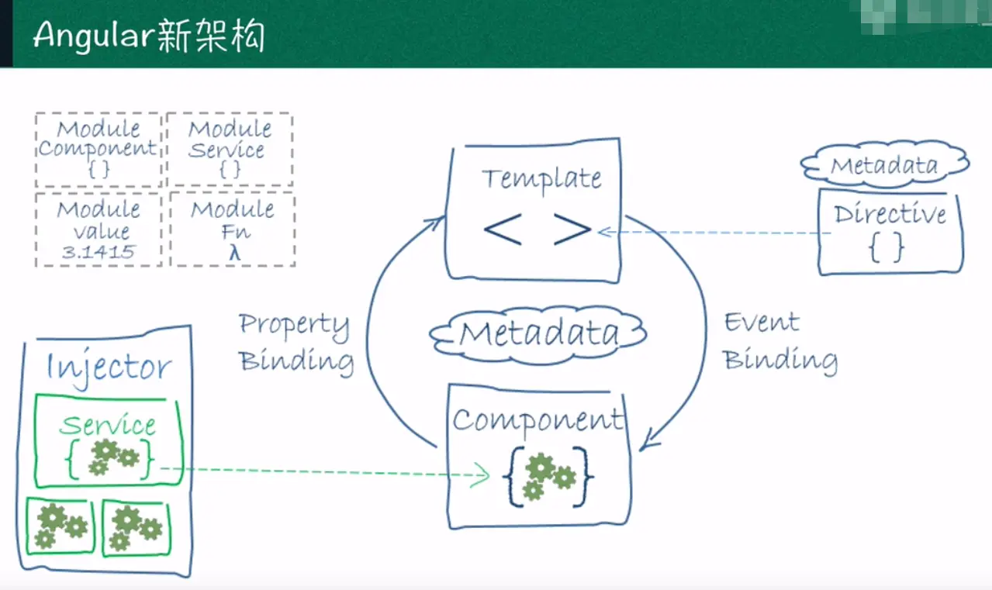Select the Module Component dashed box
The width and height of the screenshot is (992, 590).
click(98, 149)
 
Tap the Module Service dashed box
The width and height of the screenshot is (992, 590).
click(230, 149)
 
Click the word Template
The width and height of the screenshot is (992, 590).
click(541, 179)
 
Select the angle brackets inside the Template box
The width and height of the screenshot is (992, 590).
click(537, 229)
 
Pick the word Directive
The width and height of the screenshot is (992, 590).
click(890, 214)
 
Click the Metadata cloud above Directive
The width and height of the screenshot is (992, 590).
click(885, 164)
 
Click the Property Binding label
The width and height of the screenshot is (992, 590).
click(296, 342)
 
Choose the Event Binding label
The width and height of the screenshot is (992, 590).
click(779, 342)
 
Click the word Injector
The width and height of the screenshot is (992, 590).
click(109, 367)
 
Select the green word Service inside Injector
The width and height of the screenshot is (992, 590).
click(108, 425)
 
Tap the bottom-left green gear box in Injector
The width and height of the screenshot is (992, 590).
click(60, 526)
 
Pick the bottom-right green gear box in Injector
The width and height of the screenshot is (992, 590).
click(136, 526)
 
